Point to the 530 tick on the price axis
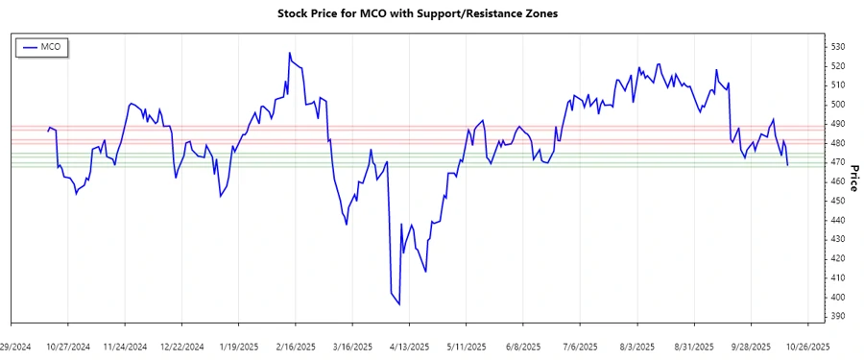838,47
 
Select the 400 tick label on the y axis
838,297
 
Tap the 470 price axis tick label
838,162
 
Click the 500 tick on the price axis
838,105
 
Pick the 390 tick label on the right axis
838,316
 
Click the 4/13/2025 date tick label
406,346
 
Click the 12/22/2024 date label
182,346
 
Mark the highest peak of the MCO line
289,54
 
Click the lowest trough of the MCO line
399,304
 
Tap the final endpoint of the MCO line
788,166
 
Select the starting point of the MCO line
48,130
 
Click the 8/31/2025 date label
691,346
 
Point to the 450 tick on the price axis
838,201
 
